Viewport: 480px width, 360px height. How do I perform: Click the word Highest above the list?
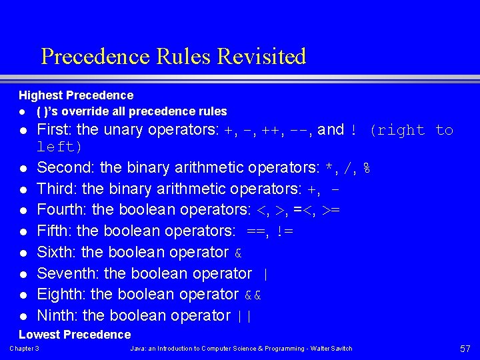click(39, 95)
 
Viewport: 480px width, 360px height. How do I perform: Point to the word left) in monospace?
click(59, 146)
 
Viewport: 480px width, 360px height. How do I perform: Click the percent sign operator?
click(366, 168)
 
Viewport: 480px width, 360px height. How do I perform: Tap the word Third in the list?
click(54, 189)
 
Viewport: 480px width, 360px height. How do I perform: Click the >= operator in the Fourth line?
click(331, 210)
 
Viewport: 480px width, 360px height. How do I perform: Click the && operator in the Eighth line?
click(251, 295)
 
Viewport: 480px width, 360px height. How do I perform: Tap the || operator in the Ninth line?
click(244, 316)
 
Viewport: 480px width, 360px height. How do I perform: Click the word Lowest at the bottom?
click(38, 334)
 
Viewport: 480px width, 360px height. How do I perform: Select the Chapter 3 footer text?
click(24, 349)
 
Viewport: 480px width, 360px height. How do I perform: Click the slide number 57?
click(465, 349)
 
